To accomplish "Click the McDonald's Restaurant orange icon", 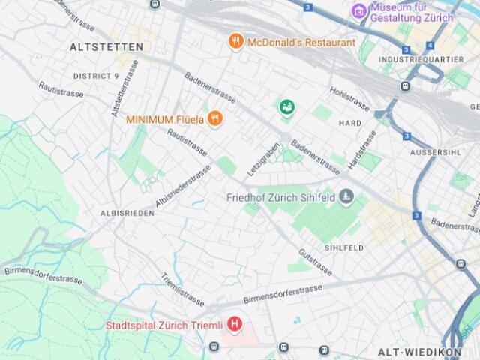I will pos(236,42).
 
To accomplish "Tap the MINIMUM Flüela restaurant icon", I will pos(215,118).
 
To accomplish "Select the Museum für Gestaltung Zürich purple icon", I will pos(359,11).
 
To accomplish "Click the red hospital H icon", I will pos(236,325).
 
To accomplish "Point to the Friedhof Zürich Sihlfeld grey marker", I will pos(346,197).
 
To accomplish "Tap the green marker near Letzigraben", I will pos(286,108).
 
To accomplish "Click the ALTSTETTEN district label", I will pos(106,46).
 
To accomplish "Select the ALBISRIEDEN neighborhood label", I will pos(128,213).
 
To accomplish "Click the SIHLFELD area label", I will pos(344,247).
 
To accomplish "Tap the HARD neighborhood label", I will pos(350,122).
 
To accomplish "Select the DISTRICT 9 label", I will pos(96,76).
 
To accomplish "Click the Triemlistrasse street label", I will pos(182,289).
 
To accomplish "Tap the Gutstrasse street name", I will pos(314,257).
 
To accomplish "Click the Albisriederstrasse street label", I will pos(183,187).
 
